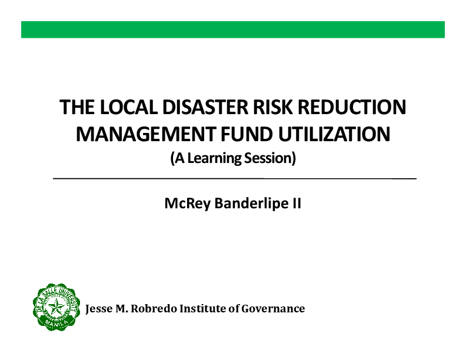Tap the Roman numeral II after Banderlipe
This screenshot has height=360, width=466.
(297, 204)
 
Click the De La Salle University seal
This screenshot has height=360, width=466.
(56, 306)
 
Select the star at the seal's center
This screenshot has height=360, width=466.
(56, 307)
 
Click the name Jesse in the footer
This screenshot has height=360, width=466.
(99, 308)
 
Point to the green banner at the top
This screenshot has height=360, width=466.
(233, 29)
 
